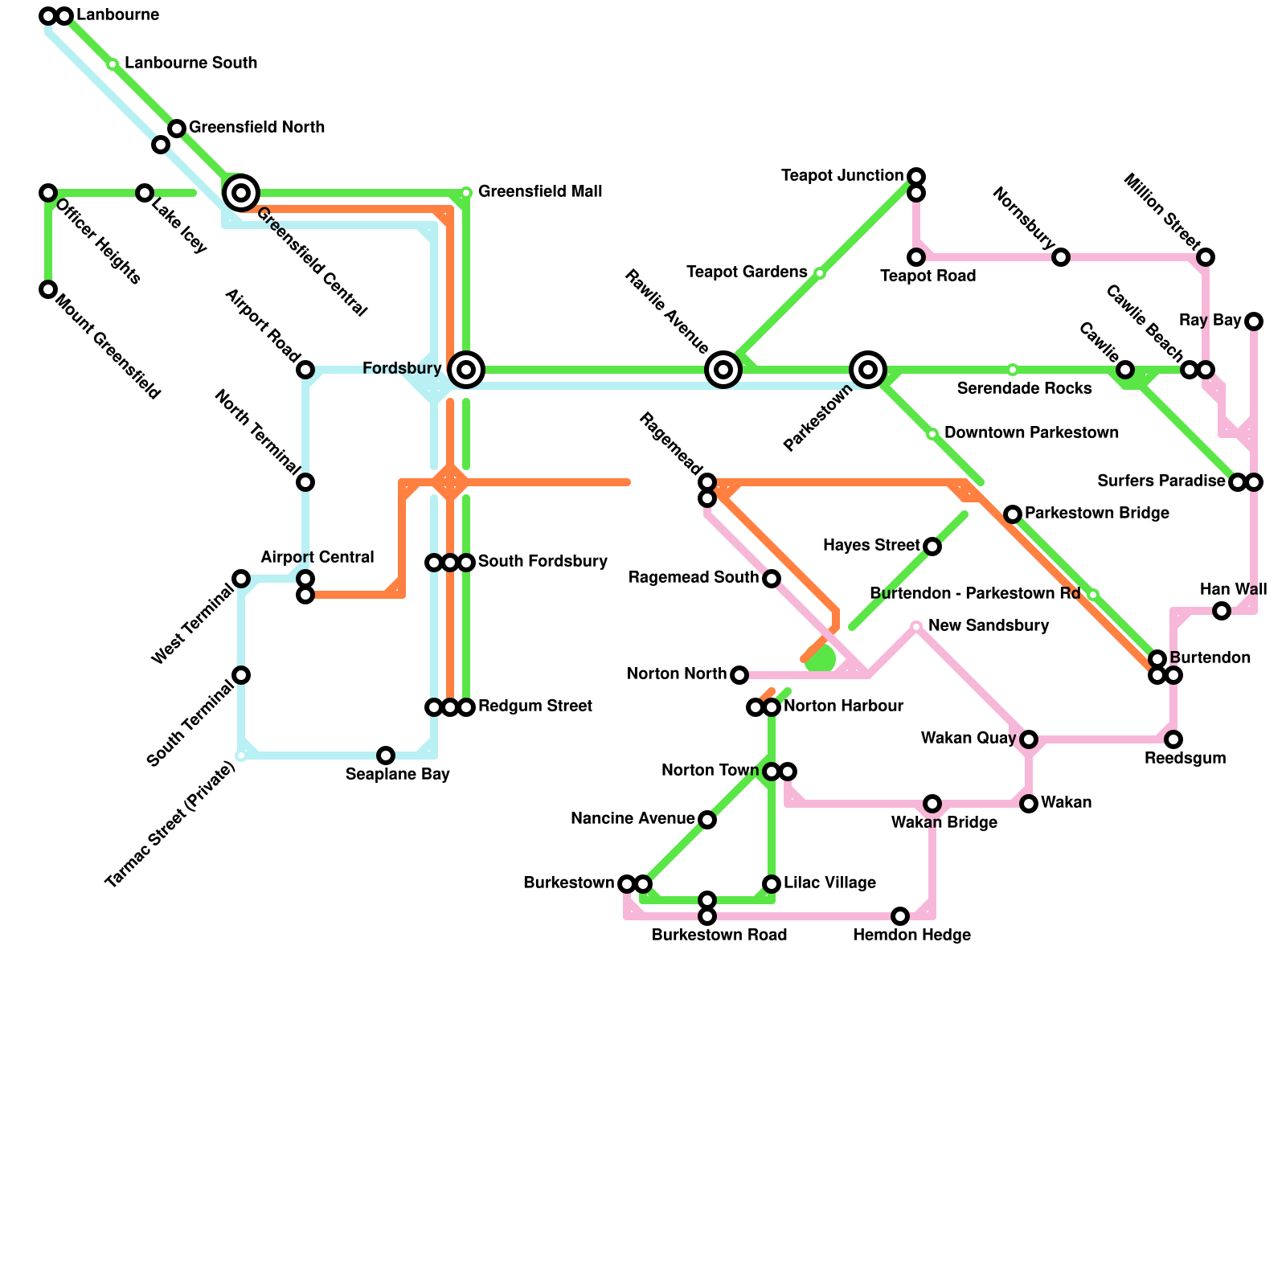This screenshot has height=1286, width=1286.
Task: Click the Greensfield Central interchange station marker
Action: coord(240,192)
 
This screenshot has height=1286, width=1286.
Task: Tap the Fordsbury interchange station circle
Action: coord(466,370)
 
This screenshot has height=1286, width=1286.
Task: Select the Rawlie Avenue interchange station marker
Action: coord(723,370)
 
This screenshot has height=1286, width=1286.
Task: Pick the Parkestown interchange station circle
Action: coord(868,370)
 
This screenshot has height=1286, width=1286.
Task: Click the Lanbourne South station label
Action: coord(190,63)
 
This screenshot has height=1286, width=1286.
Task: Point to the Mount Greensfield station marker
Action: coord(48,289)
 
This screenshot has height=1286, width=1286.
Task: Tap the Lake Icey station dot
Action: coord(145,193)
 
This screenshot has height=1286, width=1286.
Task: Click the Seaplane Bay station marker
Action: coord(386,756)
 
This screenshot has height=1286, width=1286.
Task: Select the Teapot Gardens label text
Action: coord(747,272)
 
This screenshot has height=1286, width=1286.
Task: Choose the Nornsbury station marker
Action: coord(1061,257)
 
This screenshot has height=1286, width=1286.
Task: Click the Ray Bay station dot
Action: coord(1254,321)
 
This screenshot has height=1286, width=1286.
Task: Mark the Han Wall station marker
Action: coord(1222,611)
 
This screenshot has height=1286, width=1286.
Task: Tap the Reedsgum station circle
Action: coord(1173,739)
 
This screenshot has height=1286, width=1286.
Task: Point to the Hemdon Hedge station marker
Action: coord(900,916)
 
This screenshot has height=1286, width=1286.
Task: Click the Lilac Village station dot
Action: coord(772,884)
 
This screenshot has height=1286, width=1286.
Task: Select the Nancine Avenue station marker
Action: coord(707,820)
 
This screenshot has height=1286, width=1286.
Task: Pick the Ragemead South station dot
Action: coord(772,579)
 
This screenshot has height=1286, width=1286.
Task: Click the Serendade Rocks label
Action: coord(1024,389)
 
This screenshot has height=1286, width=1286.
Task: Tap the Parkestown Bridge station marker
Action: coord(1013,514)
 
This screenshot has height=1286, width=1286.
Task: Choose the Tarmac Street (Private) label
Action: coord(170,825)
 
